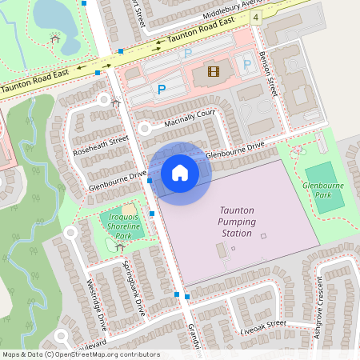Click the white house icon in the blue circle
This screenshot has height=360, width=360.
pyautogui.click(x=180, y=173)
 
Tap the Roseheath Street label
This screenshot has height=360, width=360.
pyautogui.click(x=100, y=145)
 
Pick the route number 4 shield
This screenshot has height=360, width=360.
pyautogui.click(x=255, y=16)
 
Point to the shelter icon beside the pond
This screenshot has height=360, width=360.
pyautogui.click(x=54, y=37)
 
